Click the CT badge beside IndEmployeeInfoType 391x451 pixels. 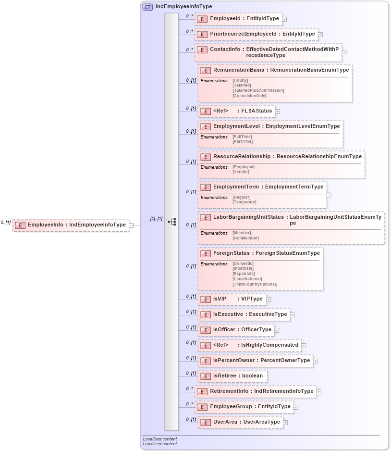(147, 7)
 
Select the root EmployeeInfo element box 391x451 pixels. (71, 225)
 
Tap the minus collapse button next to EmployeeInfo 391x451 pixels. (131, 225)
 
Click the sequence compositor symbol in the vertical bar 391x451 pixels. (171, 222)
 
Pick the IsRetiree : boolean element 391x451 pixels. (233, 376)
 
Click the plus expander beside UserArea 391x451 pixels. (285, 423)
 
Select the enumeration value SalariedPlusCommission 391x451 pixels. (258, 90)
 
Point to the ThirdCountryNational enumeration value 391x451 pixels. (255, 284)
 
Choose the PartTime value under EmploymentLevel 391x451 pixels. (242, 141)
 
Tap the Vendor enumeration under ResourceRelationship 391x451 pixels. (241, 172)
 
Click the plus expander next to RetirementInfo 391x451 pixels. (319, 392)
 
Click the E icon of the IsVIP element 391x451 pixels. (206, 299)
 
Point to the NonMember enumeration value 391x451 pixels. (245, 238)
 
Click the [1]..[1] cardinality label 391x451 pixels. (156, 219)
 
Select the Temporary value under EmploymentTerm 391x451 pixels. (244, 202)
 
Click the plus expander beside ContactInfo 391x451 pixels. (344, 53)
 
